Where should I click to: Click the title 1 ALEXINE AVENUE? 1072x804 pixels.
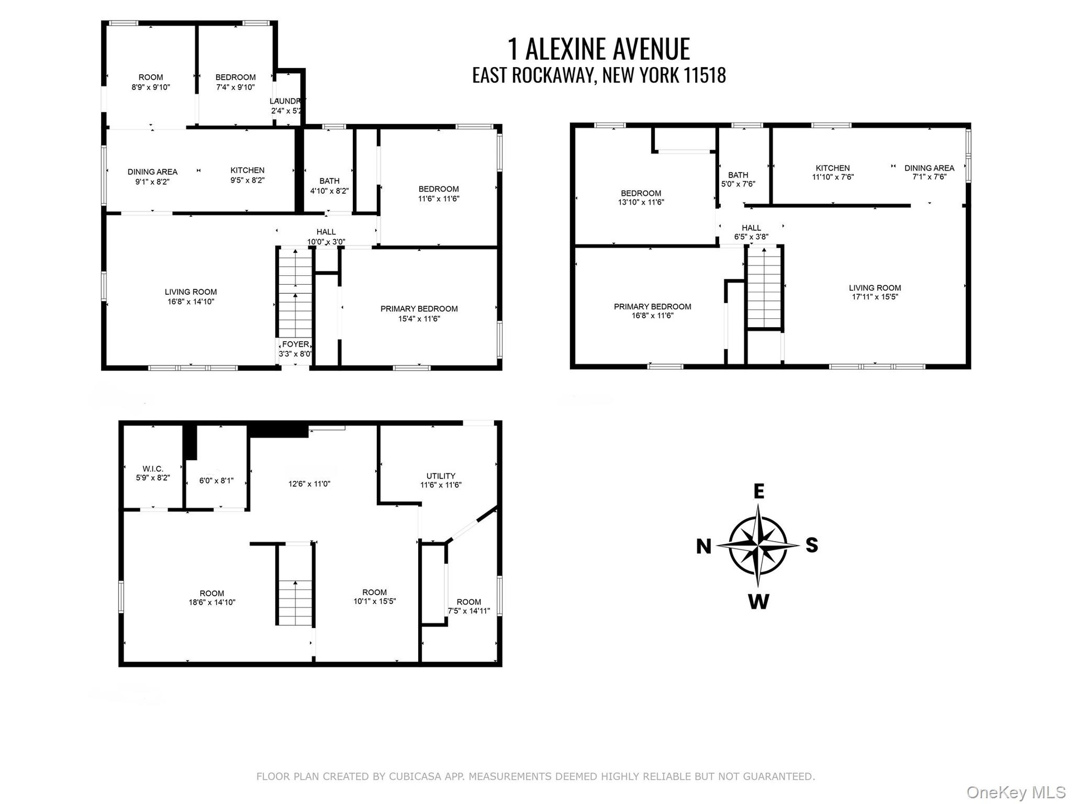(x=599, y=49)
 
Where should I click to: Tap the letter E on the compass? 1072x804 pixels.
(x=759, y=491)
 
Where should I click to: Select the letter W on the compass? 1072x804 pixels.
(x=758, y=601)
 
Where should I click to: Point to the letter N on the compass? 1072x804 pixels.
(x=704, y=546)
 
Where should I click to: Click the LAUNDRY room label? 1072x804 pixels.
(x=287, y=101)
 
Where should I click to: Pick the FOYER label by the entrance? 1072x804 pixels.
(x=295, y=344)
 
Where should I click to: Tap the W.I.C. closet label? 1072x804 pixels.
(x=153, y=469)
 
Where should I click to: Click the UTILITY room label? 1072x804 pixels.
(x=441, y=476)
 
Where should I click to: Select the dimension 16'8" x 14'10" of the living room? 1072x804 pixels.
(x=190, y=301)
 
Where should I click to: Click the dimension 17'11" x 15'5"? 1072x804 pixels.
(x=875, y=297)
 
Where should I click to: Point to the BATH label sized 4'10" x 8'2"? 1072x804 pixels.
(x=329, y=181)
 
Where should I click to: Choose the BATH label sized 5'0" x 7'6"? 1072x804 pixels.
(x=738, y=175)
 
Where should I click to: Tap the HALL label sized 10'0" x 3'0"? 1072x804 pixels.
(x=326, y=232)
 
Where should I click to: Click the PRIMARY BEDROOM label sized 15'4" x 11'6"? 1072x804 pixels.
(x=419, y=309)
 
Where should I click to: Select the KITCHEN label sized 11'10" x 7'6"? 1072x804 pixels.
(x=832, y=168)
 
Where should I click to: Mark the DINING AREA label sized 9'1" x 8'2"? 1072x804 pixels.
(x=152, y=172)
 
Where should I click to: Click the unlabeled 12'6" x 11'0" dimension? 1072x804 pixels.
(x=309, y=484)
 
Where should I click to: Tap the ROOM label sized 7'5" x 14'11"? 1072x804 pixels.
(x=469, y=602)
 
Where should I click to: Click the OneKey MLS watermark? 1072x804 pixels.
(x=1016, y=792)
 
